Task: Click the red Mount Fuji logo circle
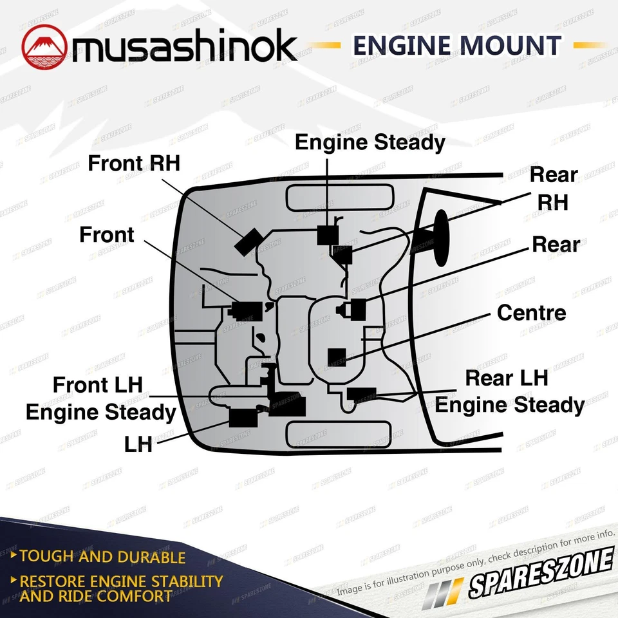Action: [x=44, y=47]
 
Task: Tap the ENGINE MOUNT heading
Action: [x=456, y=46]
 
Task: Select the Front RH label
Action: [x=134, y=164]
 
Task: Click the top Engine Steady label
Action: [x=370, y=142]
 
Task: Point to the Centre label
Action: [x=531, y=313]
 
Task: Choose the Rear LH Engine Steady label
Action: [x=509, y=392]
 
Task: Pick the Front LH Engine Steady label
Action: [x=100, y=399]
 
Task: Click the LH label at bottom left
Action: [x=138, y=444]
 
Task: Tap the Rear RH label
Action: [x=553, y=188]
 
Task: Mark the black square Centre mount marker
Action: [x=337, y=357]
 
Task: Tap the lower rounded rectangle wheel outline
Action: [x=339, y=434]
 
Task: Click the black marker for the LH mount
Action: [x=243, y=418]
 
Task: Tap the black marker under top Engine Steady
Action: [x=327, y=236]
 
